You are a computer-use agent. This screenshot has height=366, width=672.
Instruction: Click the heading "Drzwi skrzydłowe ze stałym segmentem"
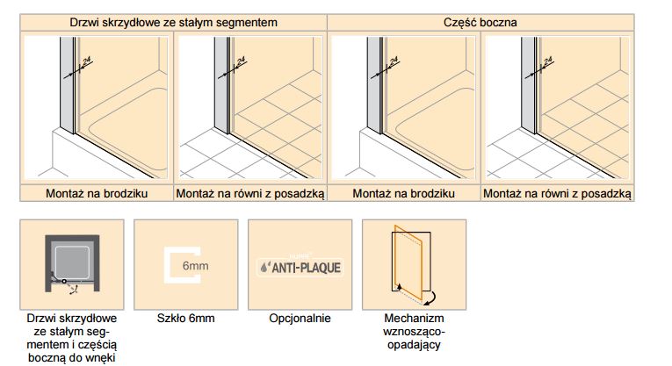[173, 22]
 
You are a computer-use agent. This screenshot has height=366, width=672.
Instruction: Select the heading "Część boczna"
[480, 22]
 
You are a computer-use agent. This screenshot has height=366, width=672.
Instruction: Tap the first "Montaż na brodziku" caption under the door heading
[97, 193]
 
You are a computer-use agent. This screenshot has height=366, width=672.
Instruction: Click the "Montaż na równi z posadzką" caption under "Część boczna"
[557, 193]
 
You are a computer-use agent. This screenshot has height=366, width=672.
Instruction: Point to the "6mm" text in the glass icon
[195, 266]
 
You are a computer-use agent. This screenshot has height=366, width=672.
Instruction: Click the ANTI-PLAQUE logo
[300, 268]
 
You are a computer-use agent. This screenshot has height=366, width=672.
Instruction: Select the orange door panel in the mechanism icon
[408, 262]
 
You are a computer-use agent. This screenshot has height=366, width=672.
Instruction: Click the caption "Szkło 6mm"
[185, 318]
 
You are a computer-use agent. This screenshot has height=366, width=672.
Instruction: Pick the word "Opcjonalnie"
[300, 319]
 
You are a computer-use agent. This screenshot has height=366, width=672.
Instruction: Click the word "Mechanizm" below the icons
[414, 318]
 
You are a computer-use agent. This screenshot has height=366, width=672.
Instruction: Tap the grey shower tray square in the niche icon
[72, 262]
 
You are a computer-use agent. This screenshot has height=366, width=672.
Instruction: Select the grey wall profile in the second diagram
[221, 84]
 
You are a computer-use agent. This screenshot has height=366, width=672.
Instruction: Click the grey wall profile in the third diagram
[374, 84]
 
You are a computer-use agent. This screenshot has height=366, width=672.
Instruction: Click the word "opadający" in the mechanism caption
[414, 345]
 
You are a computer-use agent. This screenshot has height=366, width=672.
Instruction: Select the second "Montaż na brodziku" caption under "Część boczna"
[403, 193]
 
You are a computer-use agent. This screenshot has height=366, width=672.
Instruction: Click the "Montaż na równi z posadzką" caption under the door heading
[250, 193]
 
